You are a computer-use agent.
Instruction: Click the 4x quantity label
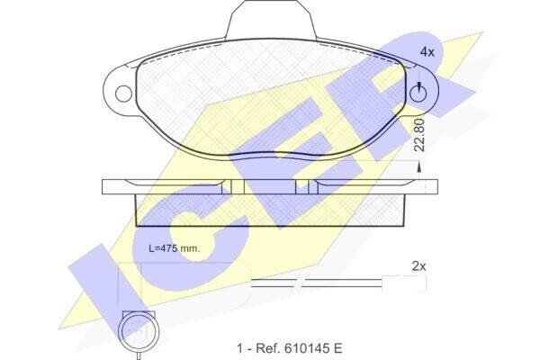pyautogui.click(x=427, y=52)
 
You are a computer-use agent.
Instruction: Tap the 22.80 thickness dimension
pyautogui.click(x=419, y=135)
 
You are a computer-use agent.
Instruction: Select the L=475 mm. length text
pyautogui.click(x=175, y=248)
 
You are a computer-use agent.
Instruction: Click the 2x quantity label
pyautogui.click(x=418, y=266)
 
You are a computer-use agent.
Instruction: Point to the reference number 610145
pyautogui.click(x=305, y=348)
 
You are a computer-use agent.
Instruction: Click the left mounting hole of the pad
pyautogui.click(x=123, y=94)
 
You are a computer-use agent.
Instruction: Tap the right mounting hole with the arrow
pyautogui.click(x=418, y=94)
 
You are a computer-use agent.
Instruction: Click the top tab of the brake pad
pyautogui.click(x=271, y=19)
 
